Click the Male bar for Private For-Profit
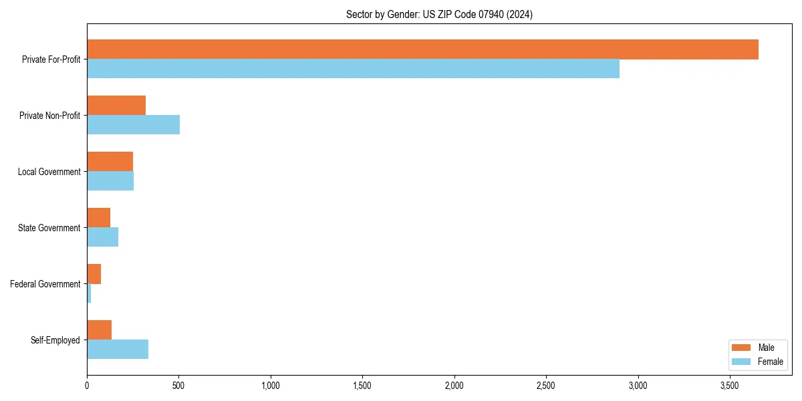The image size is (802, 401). click(422, 49)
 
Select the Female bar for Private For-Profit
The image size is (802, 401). click(353, 69)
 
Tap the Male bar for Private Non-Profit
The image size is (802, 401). click(116, 106)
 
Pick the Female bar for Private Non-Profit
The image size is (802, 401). click(133, 125)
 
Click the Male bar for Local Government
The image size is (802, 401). click(110, 162)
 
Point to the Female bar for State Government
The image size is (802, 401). click(102, 237)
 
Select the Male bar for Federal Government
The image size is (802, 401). click(94, 274)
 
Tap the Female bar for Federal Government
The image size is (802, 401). click(89, 293)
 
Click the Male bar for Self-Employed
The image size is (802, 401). click(99, 330)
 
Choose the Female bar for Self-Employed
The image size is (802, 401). click(118, 350)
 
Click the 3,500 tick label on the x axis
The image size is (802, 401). click(730, 386)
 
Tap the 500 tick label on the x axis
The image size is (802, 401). click(178, 386)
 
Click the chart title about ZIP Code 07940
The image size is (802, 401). click(439, 14)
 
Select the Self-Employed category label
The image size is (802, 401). click(55, 340)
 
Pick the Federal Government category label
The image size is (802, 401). click(45, 284)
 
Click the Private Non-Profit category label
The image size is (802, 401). click(49, 116)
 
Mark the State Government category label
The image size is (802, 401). click(49, 228)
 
